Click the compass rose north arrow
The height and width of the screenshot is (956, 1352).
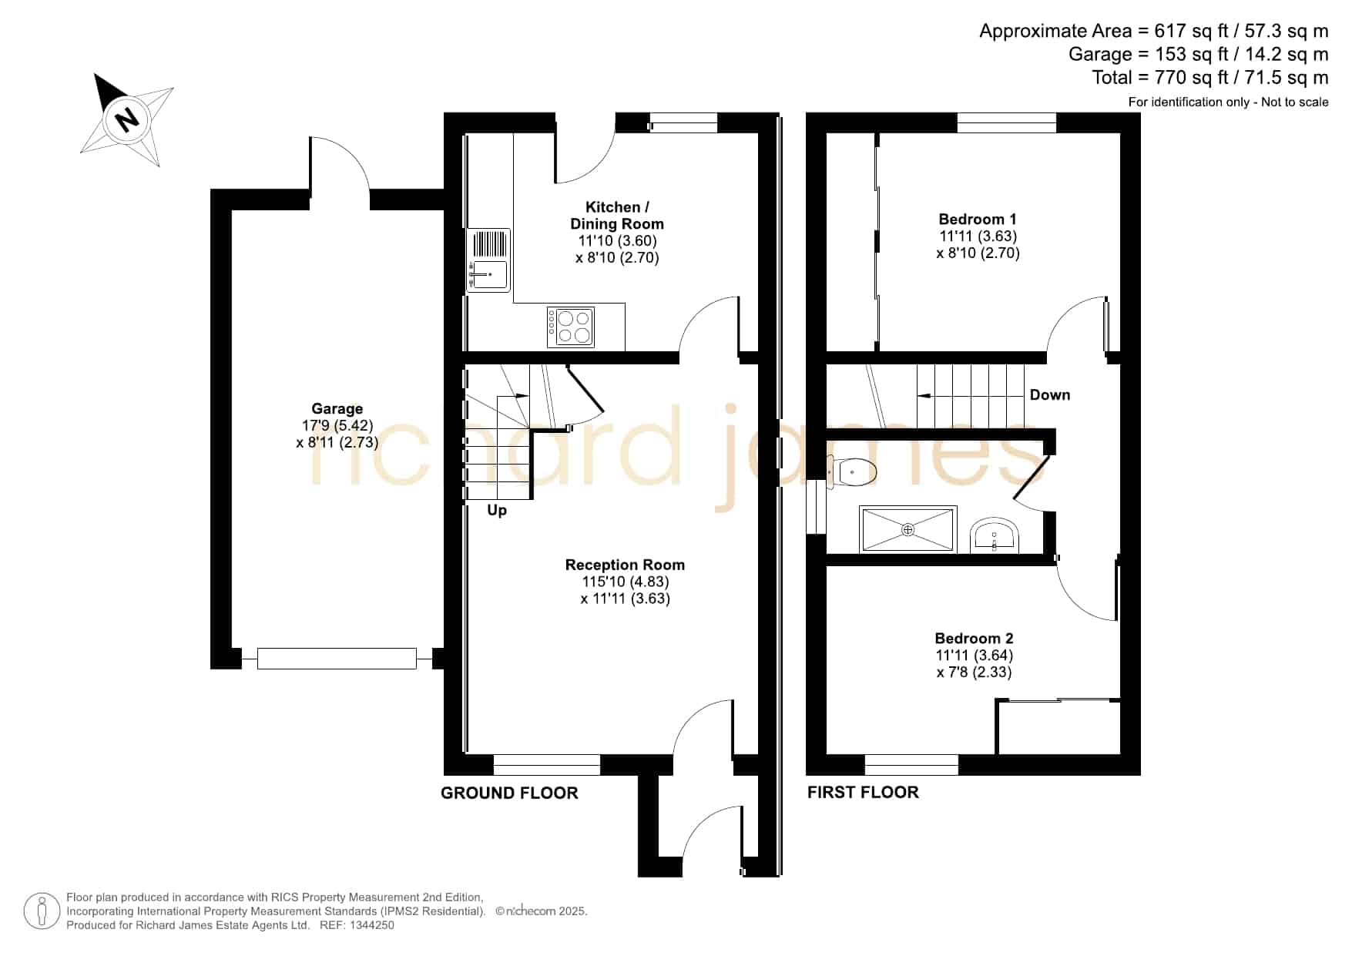point(127,119)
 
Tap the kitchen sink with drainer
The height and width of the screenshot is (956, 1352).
point(488,260)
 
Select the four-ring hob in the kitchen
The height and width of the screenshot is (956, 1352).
point(571,327)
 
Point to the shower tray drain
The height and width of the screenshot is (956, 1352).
point(908,529)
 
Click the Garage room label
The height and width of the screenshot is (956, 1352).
point(337,409)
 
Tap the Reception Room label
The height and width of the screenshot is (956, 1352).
point(625,565)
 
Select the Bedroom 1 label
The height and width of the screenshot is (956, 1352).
point(978,220)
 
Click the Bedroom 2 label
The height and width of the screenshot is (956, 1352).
point(974,639)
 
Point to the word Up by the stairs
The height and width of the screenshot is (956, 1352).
point(497,511)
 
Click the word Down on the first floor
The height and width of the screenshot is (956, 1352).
point(1050,395)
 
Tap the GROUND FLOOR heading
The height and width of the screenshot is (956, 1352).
point(509,793)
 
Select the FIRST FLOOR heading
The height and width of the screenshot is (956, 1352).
point(863,793)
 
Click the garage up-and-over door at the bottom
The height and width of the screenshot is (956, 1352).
point(337,659)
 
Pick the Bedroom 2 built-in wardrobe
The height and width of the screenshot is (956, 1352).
point(1058,726)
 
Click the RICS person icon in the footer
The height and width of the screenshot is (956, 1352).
point(42,911)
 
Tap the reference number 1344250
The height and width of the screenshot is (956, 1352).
point(373,926)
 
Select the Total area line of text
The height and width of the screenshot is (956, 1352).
point(1209,78)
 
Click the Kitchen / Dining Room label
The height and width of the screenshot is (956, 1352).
point(617,216)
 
